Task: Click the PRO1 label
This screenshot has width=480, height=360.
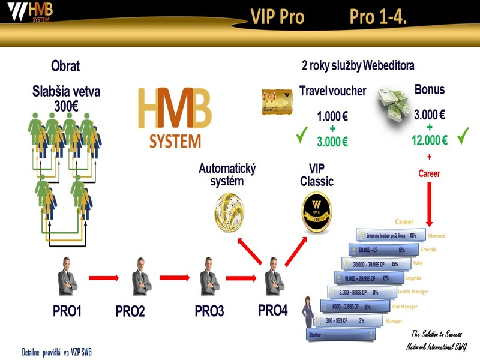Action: click(x=67, y=311)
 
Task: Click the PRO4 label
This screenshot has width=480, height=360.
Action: click(x=273, y=311)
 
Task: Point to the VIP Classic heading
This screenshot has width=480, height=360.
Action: click(x=316, y=175)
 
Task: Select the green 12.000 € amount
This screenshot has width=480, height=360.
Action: click(x=429, y=140)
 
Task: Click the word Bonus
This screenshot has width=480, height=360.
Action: click(x=430, y=89)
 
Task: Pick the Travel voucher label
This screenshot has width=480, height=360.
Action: click(x=332, y=91)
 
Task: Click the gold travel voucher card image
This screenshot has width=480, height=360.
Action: click(x=277, y=101)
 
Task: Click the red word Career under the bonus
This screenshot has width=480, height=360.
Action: click(x=429, y=173)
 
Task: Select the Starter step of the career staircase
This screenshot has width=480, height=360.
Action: click(x=314, y=334)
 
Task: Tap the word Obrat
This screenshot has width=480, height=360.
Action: click(x=65, y=66)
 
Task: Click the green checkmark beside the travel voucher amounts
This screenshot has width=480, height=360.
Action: click(x=302, y=137)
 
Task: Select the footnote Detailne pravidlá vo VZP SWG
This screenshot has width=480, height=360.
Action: click(x=57, y=352)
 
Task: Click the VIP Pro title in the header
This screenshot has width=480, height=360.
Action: click(x=277, y=17)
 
